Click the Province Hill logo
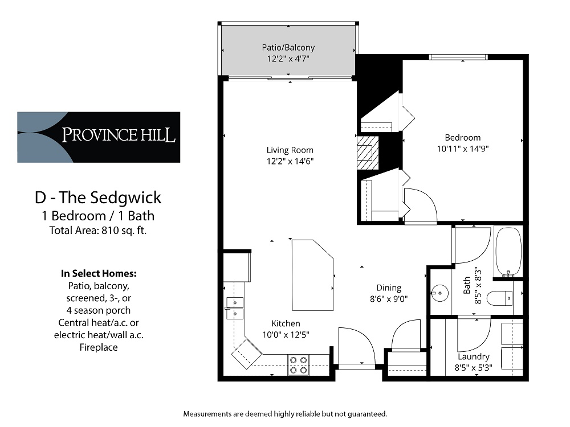coord(99,137)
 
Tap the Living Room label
coord(290,150)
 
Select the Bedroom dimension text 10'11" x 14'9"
coord(462,148)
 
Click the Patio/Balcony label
coord(288,48)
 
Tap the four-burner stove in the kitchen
coord(298,364)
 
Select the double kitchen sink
coord(235,307)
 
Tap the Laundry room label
coord(473,356)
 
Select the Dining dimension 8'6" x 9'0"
coord(388,298)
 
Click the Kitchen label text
coord(286,323)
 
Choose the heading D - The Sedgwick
coord(98,198)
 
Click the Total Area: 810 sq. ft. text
coord(98,231)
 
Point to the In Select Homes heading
coord(99,273)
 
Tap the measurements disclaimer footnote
coord(285,413)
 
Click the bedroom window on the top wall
coord(458,57)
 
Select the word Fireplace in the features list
coord(99,347)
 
